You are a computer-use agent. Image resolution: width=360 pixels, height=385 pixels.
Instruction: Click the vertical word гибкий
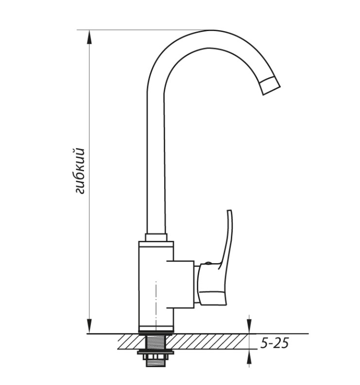79,171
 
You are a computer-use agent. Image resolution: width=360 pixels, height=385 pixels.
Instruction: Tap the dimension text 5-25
274,343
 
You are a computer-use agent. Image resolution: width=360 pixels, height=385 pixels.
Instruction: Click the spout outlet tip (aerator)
270,85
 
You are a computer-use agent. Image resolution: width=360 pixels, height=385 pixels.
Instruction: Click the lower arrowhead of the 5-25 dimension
249,356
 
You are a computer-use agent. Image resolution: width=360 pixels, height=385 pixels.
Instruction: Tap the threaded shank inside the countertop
156,341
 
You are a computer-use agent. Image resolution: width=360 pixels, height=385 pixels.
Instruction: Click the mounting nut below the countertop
156,353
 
